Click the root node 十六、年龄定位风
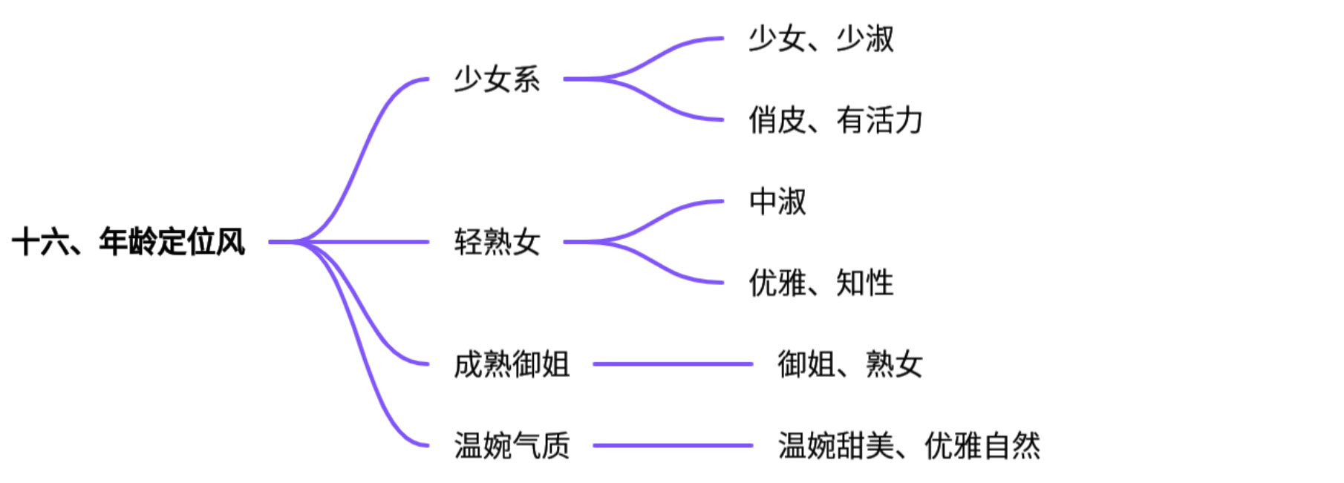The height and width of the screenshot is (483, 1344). point(128,242)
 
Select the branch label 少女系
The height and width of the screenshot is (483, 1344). point(497,79)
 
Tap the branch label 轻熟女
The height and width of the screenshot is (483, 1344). point(497,242)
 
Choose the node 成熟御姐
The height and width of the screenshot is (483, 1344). point(512,364)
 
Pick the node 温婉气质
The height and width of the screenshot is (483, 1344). point(512,446)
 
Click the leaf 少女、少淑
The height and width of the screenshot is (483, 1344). point(821,39)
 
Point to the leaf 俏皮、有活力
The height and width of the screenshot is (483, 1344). point(835,120)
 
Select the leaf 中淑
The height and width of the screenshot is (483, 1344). point(777,201)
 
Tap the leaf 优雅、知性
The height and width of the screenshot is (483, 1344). point(821,283)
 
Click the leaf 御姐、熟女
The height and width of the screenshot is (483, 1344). point(849,364)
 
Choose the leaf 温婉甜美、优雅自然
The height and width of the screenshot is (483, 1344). point(908,446)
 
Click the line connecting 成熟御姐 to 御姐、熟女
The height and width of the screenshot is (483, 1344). point(672,364)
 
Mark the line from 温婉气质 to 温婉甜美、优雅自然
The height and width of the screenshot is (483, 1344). point(672,446)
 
